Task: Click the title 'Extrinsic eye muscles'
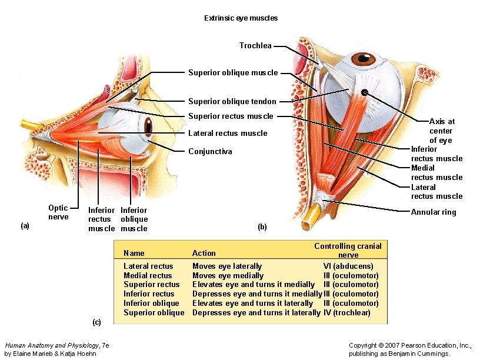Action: [x=241, y=18]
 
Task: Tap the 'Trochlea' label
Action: [x=255, y=46]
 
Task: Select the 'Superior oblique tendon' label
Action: [x=232, y=102]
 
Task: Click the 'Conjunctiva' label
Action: [x=210, y=152]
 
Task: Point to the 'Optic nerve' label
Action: [x=58, y=212]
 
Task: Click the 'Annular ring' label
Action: [x=433, y=212]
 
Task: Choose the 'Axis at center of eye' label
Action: [x=441, y=131]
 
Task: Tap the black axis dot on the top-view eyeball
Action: [x=365, y=92]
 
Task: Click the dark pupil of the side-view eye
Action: [x=148, y=125]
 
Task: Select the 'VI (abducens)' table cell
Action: [x=351, y=266]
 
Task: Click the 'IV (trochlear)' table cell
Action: [x=347, y=313]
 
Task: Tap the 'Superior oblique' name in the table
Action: [x=154, y=313]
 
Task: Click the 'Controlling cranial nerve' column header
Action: [x=348, y=251]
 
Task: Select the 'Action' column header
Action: [x=204, y=254]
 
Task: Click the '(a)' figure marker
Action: [x=25, y=226]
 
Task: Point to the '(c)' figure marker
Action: [x=96, y=322]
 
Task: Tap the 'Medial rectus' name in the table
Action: [x=148, y=276]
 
